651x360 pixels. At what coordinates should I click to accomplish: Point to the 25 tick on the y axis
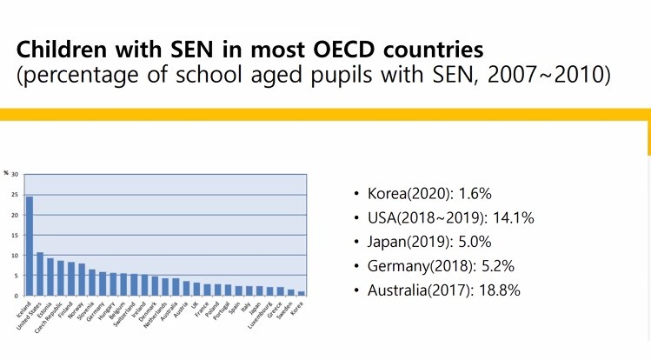pos(15,193)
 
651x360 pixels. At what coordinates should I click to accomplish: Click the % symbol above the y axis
pos(6,173)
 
